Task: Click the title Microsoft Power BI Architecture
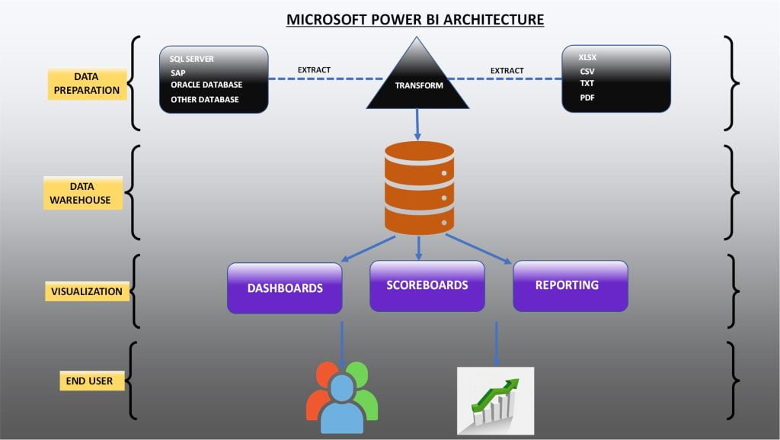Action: pyautogui.click(x=415, y=19)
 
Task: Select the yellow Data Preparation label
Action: pyautogui.click(x=86, y=84)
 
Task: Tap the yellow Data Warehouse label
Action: pyautogui.click(x=82, y=193)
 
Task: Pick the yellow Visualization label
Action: pyautogui.click(x=87, y=291)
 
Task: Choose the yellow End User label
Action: pyautogui.click(x=91, y=381)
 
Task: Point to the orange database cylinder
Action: pyautogui.click(x=419, y=187)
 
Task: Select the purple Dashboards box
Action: pyautogui.click(x=284, y=288)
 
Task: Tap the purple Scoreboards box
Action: pyautogui.click(x=427, y=285)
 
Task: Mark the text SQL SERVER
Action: pyautogui.click(x=192, y=59)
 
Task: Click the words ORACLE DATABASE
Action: pyautogui.click(x=206, y=85)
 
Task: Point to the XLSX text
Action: pyautogui.click(x=587, y=57)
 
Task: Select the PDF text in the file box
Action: pyautogui.click(x=587, y=98)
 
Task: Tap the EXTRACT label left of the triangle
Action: pyautogui.click(x=314, y=70)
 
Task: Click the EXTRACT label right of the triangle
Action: pyautogui.click(x=507, y=70)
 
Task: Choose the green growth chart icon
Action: pyautogui.click(x=495, y=400)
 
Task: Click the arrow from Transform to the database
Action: pyautogui.click(x=418, y=124)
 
